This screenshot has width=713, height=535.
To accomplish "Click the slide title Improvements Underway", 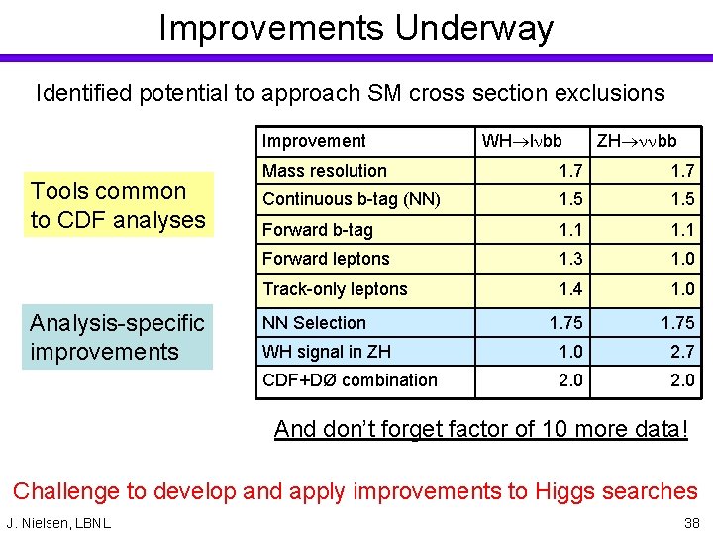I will (356, 27).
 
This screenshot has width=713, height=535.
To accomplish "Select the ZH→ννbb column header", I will (637, 141).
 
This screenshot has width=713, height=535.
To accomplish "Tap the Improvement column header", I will (314, 141).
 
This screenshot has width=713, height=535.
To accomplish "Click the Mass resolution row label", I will (325, 171).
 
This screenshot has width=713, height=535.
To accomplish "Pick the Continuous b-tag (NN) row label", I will (352, 199).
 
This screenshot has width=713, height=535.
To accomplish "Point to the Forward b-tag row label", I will (318, 230).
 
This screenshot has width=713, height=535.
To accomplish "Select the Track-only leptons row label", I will (335, 289).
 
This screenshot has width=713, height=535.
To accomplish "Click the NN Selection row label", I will (314, 322).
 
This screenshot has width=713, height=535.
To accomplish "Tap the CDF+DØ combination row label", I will (350, 380).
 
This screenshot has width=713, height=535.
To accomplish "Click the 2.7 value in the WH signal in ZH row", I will (682, 352).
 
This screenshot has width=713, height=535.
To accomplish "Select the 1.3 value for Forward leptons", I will (571, 259).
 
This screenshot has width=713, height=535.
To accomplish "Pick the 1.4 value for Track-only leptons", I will (571, 289).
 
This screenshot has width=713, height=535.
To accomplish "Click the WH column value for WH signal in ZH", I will (571, 352).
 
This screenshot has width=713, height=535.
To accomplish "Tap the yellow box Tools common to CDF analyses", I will (118, 205).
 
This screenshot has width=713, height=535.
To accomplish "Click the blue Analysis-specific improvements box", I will (118, 337).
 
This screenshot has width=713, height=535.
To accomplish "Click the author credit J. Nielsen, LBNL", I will (58, 522).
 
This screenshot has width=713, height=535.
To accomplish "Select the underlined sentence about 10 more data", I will (480, 429).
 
